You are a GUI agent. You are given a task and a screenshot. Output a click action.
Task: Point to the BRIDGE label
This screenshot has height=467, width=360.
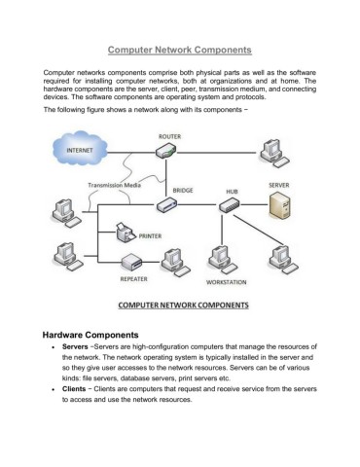click(x=183, y=191)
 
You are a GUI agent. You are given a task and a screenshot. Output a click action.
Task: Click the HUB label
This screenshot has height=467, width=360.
click(x=233, y=193)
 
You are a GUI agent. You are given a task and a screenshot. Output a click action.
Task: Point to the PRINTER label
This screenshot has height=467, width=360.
click(x=151, y=236)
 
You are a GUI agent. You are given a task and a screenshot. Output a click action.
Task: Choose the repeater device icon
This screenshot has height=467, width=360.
click(x=133, y=260)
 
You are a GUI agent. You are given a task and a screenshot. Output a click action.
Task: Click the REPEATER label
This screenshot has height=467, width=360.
click(x=133, y=277)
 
